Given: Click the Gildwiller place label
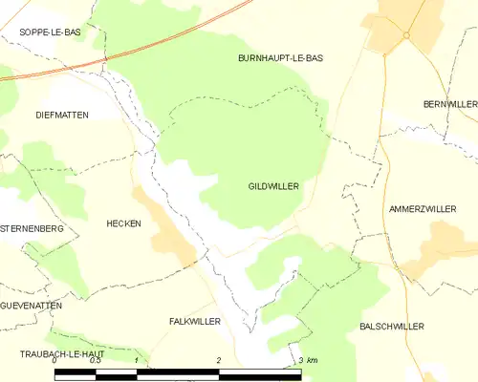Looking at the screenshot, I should tap(274, 185).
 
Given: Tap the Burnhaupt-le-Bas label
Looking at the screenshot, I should tap(280, 58).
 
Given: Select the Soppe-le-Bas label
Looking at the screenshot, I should tap(50, 32).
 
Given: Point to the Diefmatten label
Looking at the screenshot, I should tap(61, 115).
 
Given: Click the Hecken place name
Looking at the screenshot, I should tap(123, 223).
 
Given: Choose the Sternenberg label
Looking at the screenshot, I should tap(33, 230).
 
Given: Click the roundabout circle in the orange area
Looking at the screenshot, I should tap(406, 35).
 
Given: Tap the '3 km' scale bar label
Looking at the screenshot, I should tap(307, 360).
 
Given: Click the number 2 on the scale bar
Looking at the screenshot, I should tap(219, 360).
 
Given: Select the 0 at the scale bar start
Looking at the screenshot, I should tap(55, 360).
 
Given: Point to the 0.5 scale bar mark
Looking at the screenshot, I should tap(96, 360).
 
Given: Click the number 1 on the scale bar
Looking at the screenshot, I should tap(137, 360).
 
